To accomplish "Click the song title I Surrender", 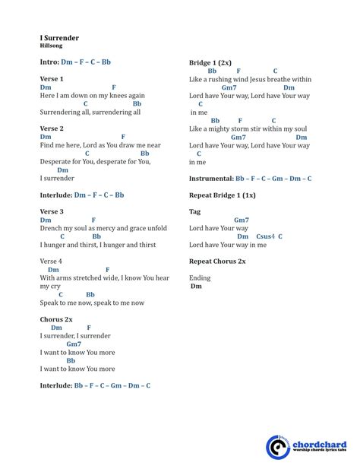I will point(59,37).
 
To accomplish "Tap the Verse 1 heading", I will point(52,78).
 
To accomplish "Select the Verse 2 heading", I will point(52,128).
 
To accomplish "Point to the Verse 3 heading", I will point(52,211).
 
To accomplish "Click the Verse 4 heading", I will point(52,261).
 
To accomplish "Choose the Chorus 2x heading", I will point(56,319).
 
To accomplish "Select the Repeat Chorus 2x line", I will point(217,261).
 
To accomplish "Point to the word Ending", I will point(200,277).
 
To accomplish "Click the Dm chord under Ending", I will point(197,287).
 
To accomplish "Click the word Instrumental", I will point(211,179).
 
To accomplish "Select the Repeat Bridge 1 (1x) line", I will point(223,195).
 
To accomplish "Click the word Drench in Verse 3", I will point(51,228).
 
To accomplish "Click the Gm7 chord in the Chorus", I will point(74,344).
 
